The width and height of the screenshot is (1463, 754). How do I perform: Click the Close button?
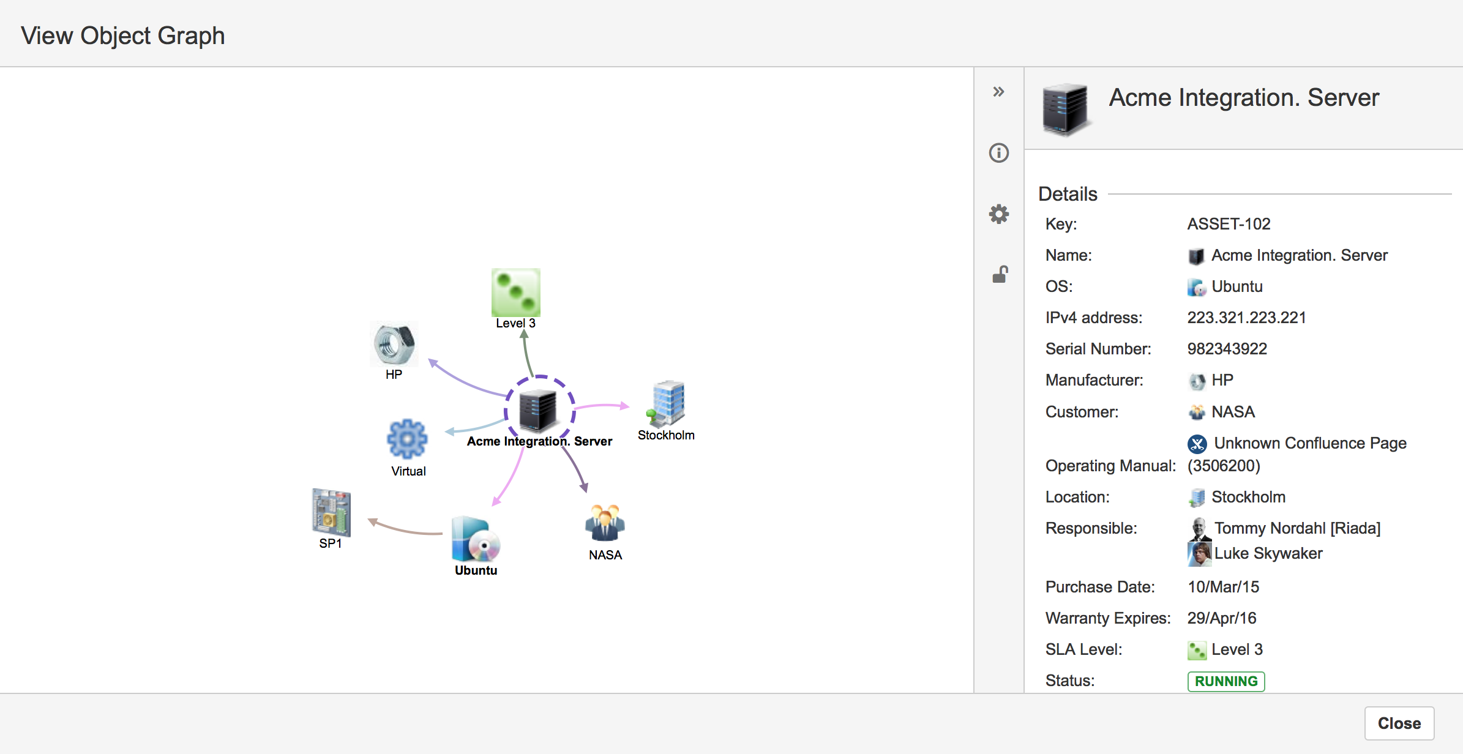[1399, 723]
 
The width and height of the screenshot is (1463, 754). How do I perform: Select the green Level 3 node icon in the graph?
[516, 292]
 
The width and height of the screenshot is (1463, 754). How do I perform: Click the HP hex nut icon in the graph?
[394, 343]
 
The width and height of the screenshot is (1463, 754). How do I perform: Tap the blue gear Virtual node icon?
[407, 439]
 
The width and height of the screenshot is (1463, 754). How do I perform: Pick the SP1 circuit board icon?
[331, 512]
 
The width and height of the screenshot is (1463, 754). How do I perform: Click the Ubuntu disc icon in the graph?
[476, 539]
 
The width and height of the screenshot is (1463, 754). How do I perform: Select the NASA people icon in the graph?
[605, 523]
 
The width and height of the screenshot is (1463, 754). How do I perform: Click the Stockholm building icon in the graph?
[667, 403]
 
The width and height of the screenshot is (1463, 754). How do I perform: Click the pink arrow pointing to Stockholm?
[602, 405]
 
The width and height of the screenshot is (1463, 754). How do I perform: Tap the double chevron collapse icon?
[999, 92]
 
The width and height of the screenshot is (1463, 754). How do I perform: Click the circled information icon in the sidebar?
[999, 152]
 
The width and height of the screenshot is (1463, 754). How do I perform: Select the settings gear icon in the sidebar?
[999, 214]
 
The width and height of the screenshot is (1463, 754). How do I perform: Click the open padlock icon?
[1000, 274]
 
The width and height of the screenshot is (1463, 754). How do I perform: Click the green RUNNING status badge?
[1226, 681]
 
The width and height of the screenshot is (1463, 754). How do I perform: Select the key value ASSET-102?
[1229, 224]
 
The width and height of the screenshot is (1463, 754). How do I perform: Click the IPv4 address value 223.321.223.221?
[1246, 318]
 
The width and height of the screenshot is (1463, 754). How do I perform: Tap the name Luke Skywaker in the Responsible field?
[1268, 553]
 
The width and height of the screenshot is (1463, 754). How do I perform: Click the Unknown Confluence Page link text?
[1310, 443]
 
